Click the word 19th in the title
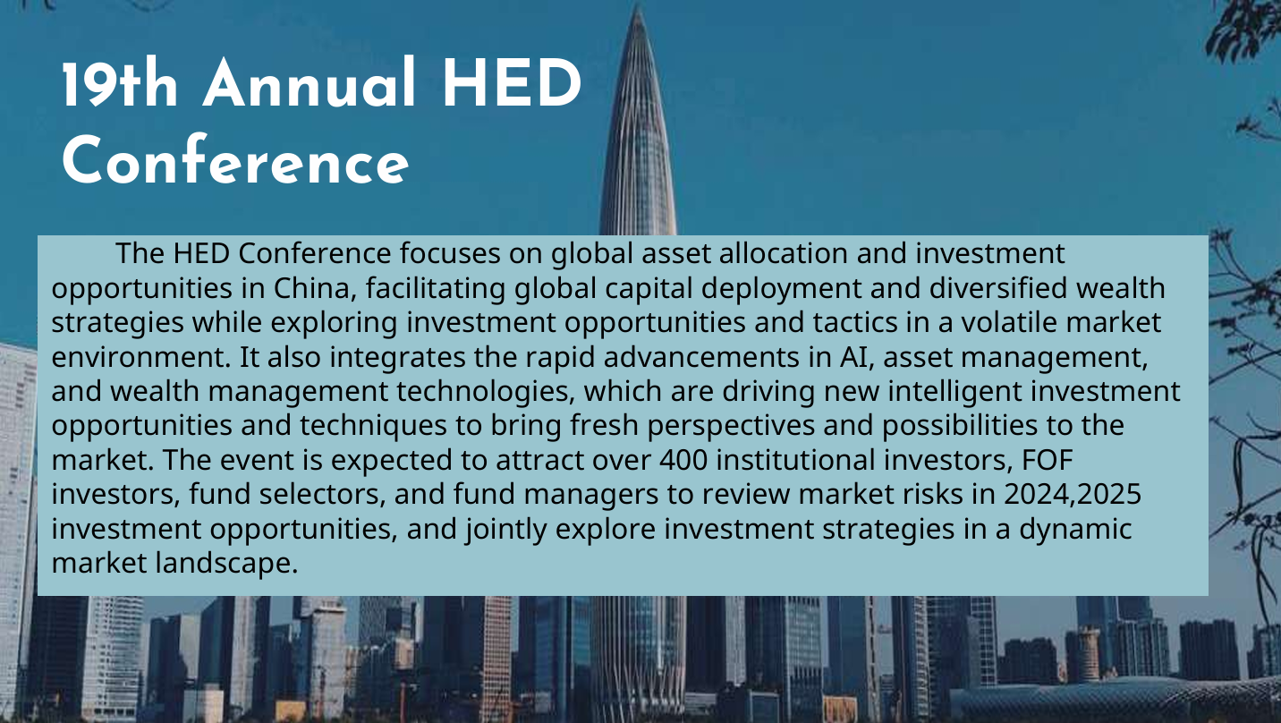(x=120, y=83)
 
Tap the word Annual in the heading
(x=310, y=83)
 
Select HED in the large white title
(x=512, y=83)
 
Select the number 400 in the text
(x=683, y=460)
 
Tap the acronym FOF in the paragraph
(x=1048, y=460)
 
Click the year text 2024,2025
(x=1073, y=494)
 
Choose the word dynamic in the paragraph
(x=1075, y=529)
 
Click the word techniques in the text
(x=373, y=426)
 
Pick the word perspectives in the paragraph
(x=731, y=426)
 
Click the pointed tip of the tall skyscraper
(x=638, y=5)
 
